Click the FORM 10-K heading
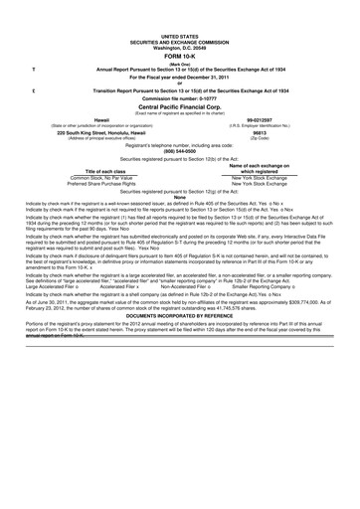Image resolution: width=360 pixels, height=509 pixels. coord(179,31)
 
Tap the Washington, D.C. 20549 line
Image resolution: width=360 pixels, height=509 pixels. coord(180,22)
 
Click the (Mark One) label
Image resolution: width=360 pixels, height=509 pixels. coord(180,39)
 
